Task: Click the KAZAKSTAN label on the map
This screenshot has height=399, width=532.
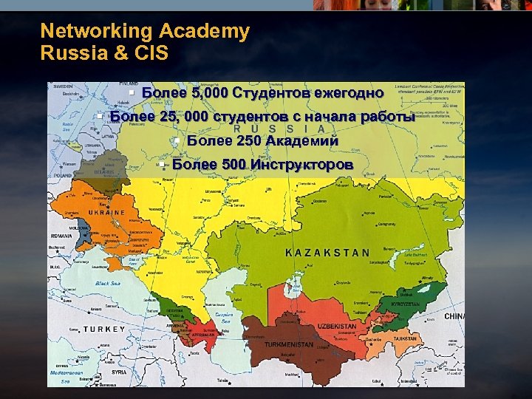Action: [x=327, y=252]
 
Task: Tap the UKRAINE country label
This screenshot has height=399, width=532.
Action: [x=106, y=213]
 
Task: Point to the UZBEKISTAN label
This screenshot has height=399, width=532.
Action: [x=336, y=326]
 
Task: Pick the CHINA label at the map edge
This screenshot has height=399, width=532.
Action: [x=454, y=316]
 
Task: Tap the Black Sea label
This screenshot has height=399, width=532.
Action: [x=107, y=284]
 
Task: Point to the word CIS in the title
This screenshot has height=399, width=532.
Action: [x=152, y=53]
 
